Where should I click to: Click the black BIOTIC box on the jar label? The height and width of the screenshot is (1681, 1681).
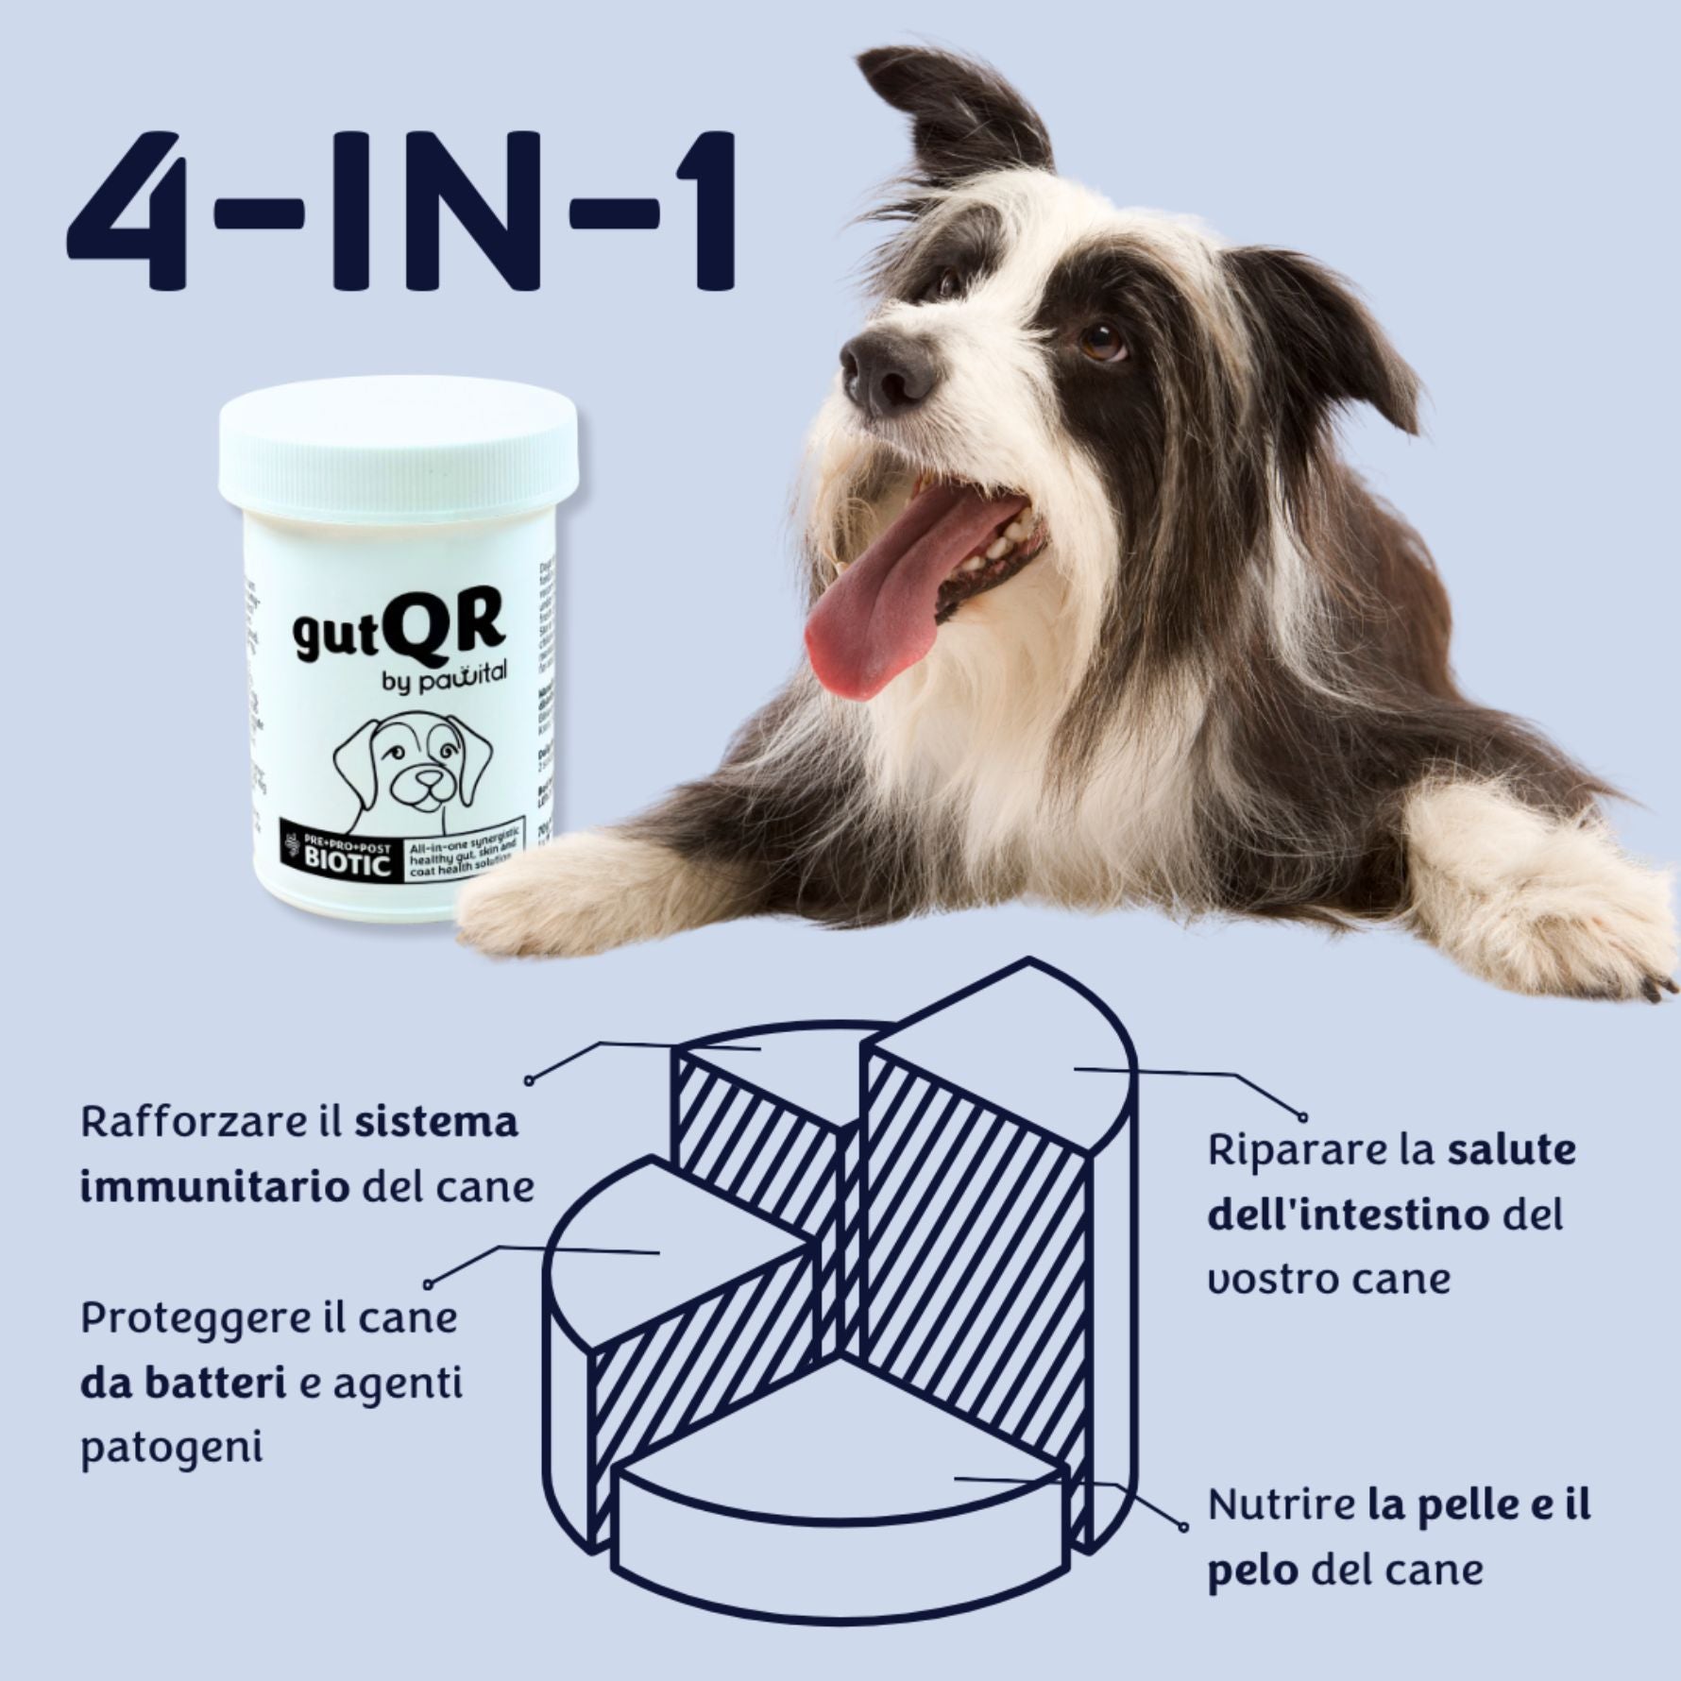pyautogui.click(x=341, y=856)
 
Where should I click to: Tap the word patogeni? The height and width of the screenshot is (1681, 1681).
pyautogui.click(x=171, y=1448)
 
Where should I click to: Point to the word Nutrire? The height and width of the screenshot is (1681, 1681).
pyautogui.click(x=1281, y=1503)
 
